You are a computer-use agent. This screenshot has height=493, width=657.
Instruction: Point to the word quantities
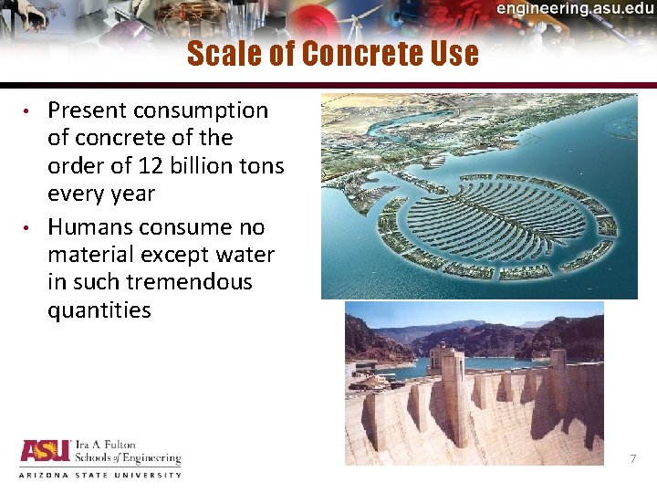point(99,310)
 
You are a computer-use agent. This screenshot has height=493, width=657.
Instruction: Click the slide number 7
point(632,458)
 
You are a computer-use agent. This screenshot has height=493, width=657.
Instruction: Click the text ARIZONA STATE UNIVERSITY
point(100,475)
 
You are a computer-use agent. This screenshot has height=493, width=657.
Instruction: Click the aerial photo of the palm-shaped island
point(478,196)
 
